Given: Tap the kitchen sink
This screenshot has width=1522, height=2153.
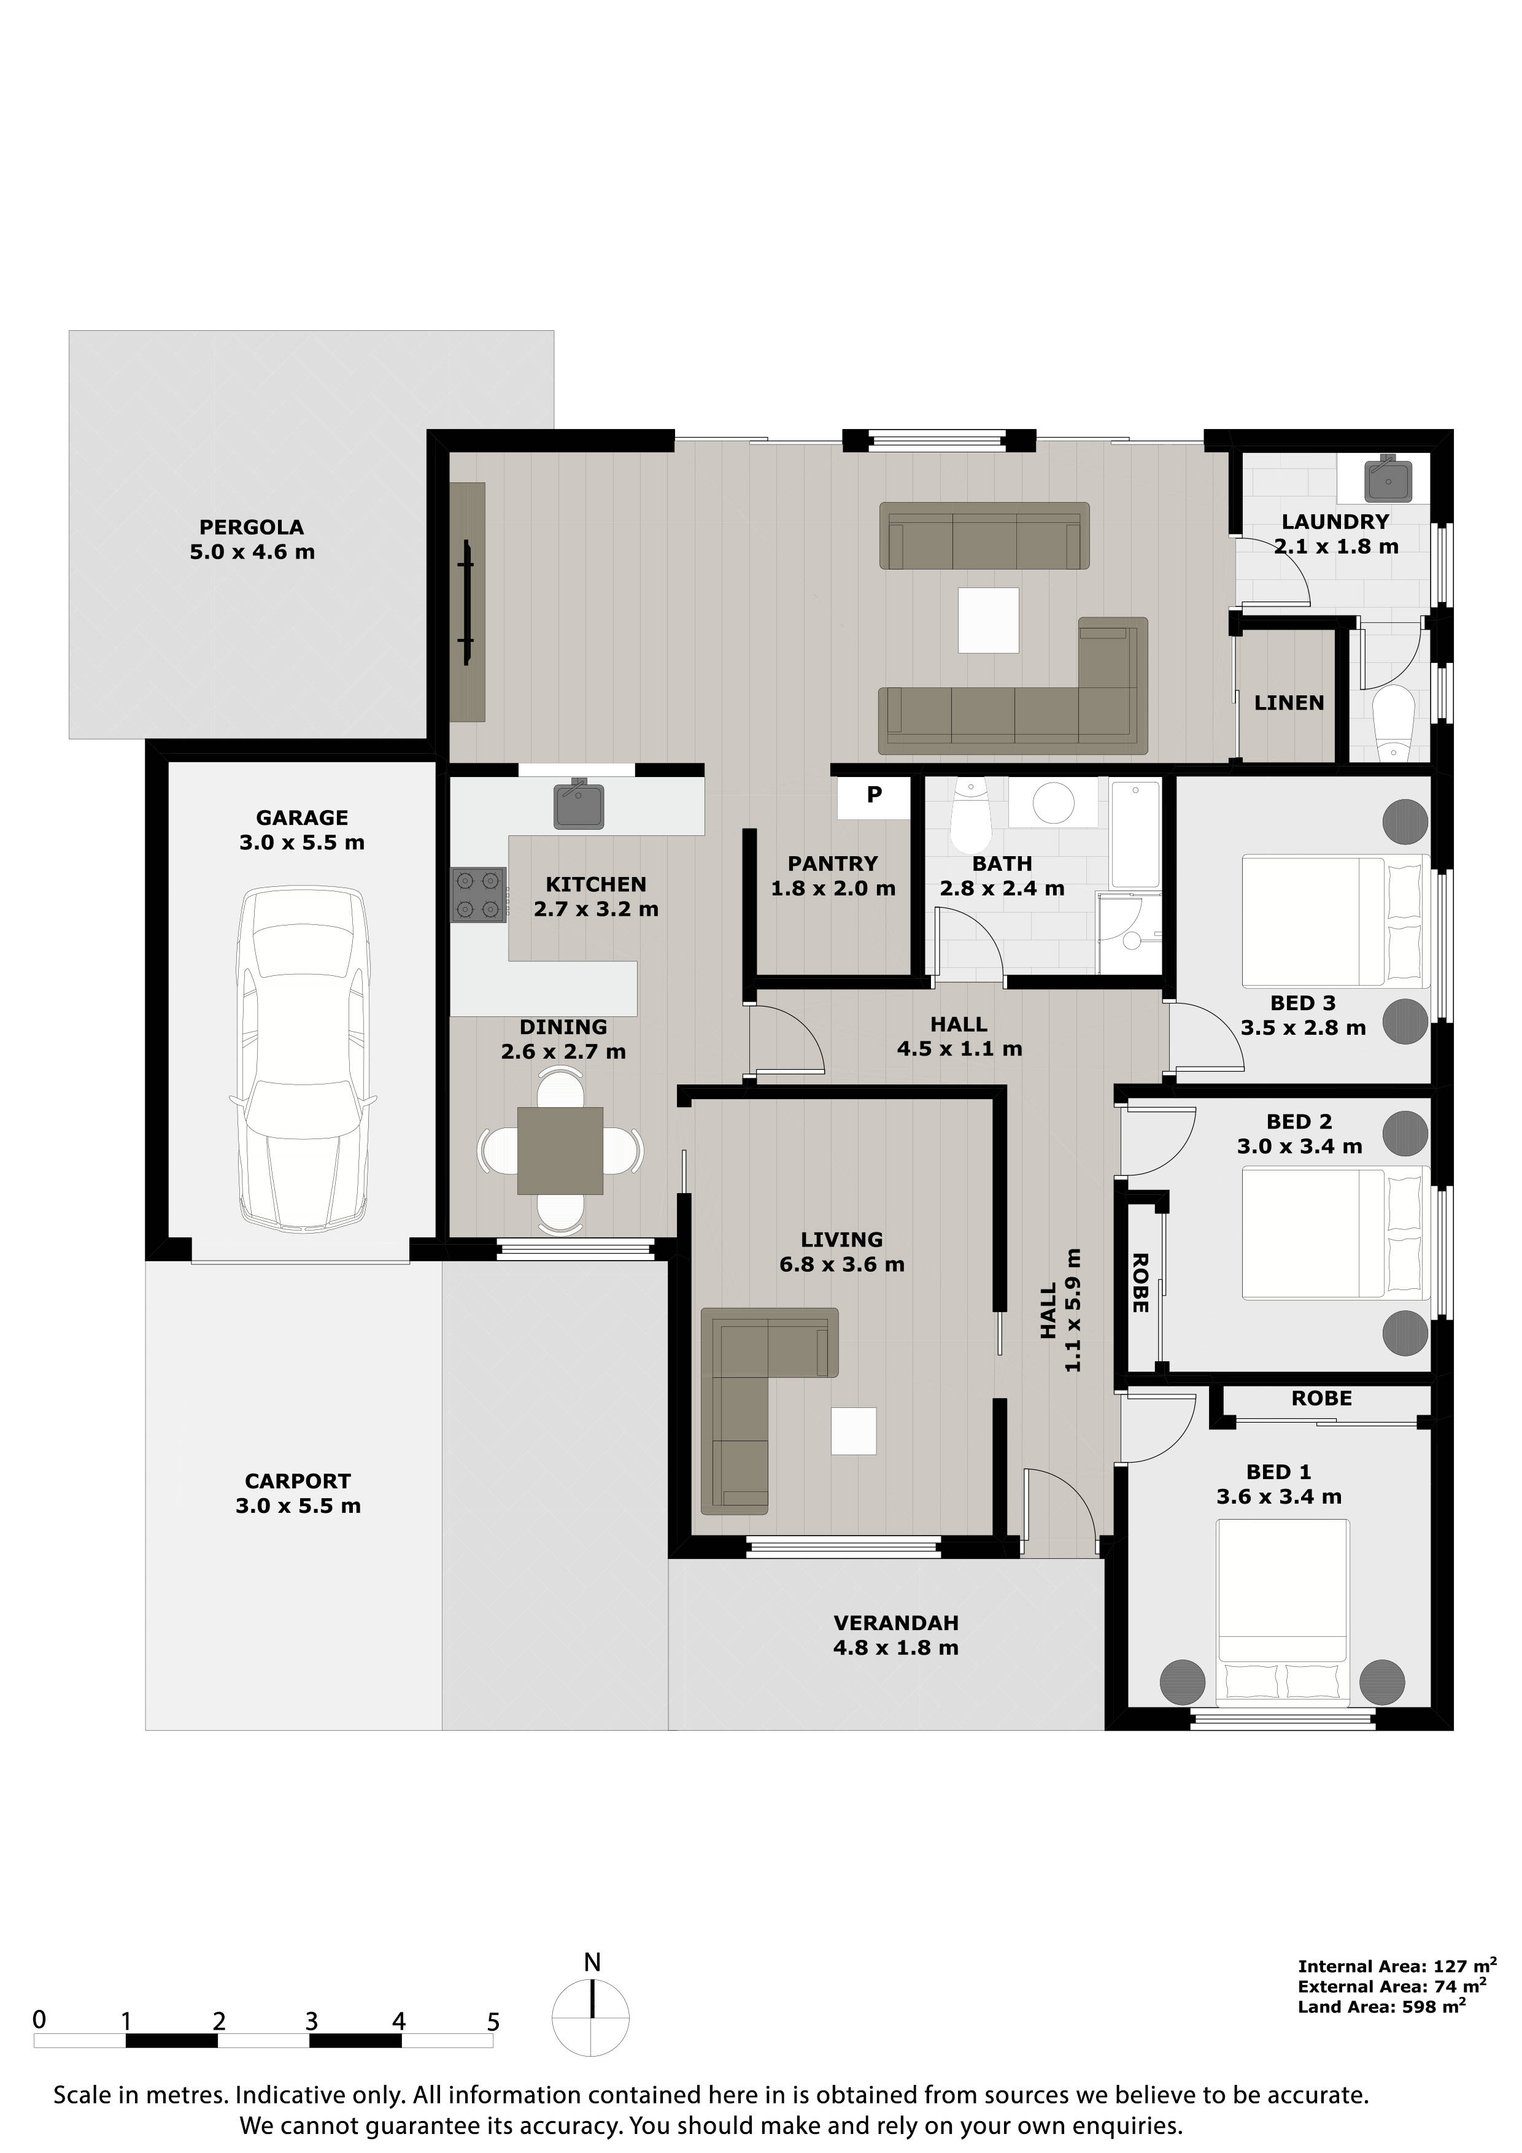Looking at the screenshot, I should (x=579, y=805).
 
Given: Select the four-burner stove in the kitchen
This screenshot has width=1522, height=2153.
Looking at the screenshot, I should (x=477, y=895).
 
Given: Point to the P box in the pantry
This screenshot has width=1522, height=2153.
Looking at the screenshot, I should (x=874, y=796).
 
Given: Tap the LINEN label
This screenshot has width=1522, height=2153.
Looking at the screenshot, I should (x=1289, y=702).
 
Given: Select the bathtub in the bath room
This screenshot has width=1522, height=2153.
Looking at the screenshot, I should (x=1135, y=833).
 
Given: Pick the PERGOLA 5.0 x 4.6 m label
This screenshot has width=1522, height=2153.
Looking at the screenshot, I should (x=252, y=539).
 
